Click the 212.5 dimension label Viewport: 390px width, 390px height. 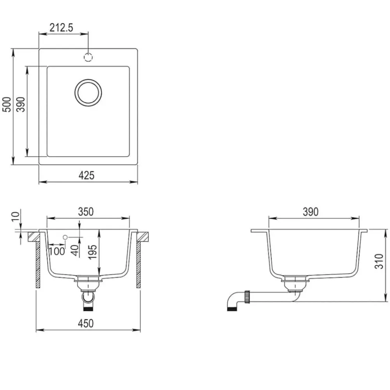tap(61, 28)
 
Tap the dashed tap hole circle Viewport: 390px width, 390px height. tap(88, 57)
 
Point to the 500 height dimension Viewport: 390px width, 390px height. tap(7, 105)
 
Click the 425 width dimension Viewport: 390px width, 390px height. tap(87, 175)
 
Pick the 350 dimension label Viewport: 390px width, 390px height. tap(86, 212)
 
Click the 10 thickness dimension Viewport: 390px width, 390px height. tap(16, 216)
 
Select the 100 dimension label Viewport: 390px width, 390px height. tap(57, 251)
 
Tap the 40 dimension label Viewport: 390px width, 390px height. tap(74, 250)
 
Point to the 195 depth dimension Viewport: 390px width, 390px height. tap(92, 252)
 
